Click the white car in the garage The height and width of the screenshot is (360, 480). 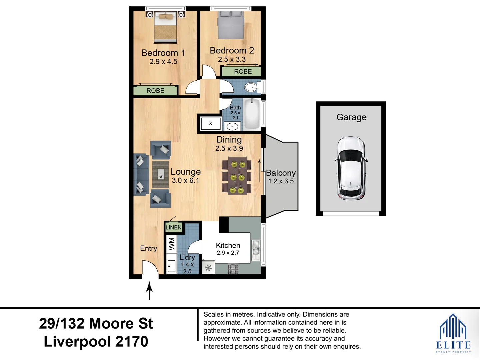click(351, 168)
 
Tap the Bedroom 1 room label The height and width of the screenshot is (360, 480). click(163, 53)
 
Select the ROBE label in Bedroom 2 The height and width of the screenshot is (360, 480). click(243, 71)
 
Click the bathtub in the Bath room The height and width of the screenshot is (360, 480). click(252, 114)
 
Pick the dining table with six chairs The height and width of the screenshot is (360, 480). click(237, 175)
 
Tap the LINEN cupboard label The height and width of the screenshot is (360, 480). click(174, 228)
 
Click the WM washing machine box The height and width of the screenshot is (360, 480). click(171, 244)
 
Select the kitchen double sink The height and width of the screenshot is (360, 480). click(256, 250)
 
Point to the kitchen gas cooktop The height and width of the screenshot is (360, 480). click(233, 269)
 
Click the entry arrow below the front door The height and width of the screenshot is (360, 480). click(149, 290)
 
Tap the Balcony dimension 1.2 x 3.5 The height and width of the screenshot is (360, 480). click(281, 181)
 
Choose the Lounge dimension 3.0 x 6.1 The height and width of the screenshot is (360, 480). click(185, 181)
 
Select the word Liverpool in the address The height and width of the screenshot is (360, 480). click(78, 342)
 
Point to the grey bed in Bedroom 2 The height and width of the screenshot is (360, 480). click(231, 25)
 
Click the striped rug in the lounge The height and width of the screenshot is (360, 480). click(161, 174)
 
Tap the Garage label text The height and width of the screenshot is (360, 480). click(351, 117)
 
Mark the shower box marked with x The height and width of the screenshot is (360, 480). click(211, 123)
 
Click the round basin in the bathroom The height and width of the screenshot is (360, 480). click(232, 127)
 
